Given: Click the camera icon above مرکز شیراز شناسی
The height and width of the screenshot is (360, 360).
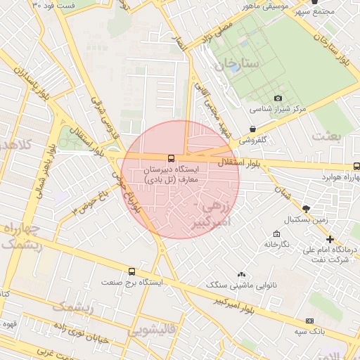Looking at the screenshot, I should coord(278,98).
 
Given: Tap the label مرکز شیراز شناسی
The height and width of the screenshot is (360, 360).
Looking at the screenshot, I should coord(278,110).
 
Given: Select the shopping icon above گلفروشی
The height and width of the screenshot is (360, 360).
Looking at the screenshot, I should coord(252,129).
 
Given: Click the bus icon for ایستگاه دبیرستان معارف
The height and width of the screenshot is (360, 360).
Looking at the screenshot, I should coord(171,158).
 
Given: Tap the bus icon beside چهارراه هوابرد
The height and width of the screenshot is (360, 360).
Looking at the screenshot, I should coord(356,167).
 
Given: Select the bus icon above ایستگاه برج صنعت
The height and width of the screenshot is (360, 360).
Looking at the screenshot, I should coord(131,271).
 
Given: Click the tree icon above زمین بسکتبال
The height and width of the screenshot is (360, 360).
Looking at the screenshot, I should coord(306,208).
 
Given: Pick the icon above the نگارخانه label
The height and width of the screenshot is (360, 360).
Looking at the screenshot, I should coord(276,233).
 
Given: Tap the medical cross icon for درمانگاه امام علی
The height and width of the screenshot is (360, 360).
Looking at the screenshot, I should coord(330,239).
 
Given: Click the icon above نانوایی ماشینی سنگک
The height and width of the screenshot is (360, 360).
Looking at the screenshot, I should coord(242,274).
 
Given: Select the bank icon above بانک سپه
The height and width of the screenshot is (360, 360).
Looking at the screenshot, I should coord(309,321).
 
